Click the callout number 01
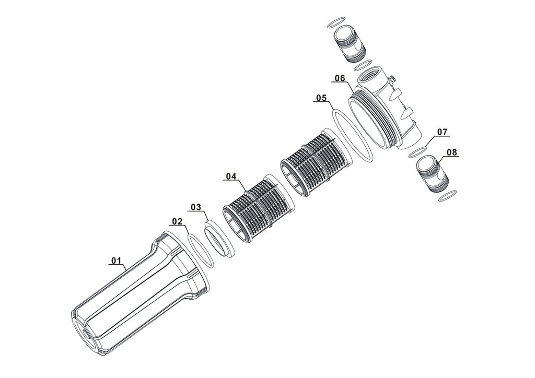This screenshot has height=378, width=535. [x=117, y=261]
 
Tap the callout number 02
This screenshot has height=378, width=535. [x=178, y=221]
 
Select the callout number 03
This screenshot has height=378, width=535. [x=196, y=207]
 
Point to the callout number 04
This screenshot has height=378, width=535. [x=231, y=176]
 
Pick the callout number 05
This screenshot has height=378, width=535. [x=321, y=98]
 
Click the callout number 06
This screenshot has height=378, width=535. [x=340, y=78]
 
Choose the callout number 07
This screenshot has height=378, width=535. [x=442, y=132]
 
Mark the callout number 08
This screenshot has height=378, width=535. [x=452, y=152]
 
